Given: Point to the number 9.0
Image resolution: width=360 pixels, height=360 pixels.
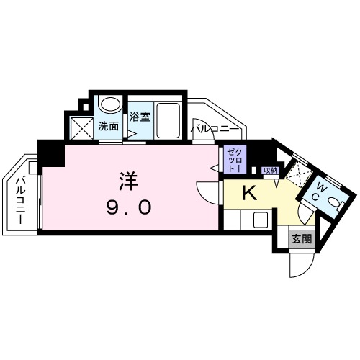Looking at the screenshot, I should point(130,207).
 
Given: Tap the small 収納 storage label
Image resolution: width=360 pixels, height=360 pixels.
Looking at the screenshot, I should point(270,171).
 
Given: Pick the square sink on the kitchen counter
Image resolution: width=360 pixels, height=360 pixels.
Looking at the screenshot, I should point(261,220).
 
